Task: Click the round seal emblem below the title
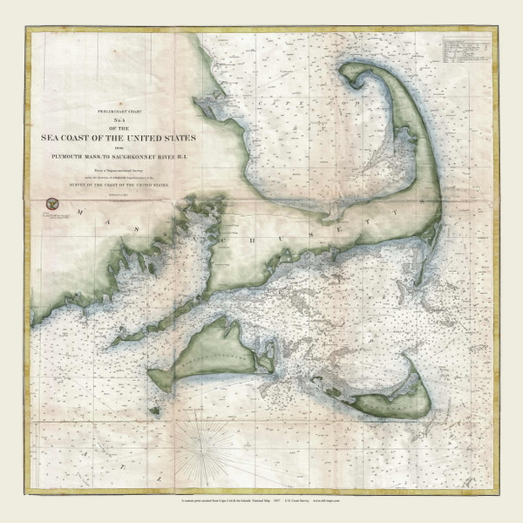point(50,203)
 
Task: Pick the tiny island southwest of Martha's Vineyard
point(154,410)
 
